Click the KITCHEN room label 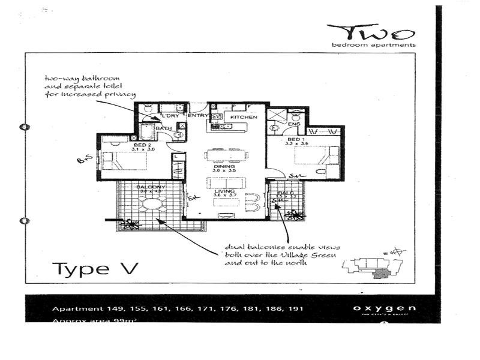click(x=244, y=117)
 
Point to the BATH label click(x=163, y=128)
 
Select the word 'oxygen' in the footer click(x=384, y=309)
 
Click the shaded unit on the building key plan click(x=380, y=274)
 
